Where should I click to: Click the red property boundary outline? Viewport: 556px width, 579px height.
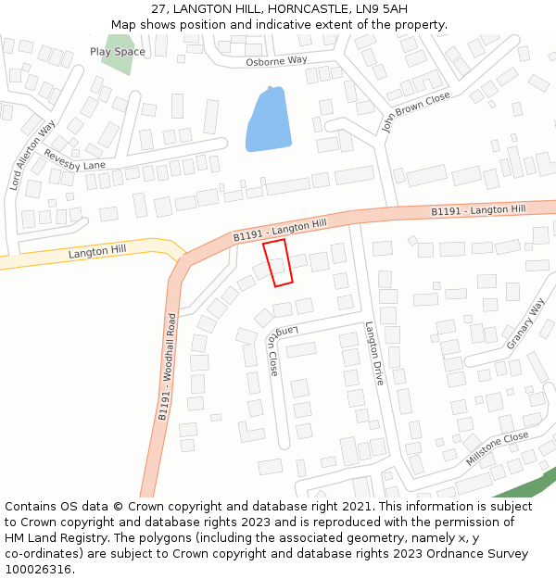[x=278, y=263]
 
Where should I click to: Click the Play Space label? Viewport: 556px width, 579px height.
[x=118, y=52]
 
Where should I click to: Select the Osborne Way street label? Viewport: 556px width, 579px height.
[x=276, y=61]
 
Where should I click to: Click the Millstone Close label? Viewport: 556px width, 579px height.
[x=498, y=448]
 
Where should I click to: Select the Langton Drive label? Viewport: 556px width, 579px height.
[x=373, y=354]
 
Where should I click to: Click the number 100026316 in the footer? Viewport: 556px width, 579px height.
[x=37, y=569]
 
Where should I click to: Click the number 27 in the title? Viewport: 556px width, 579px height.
[x=158, y=10]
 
